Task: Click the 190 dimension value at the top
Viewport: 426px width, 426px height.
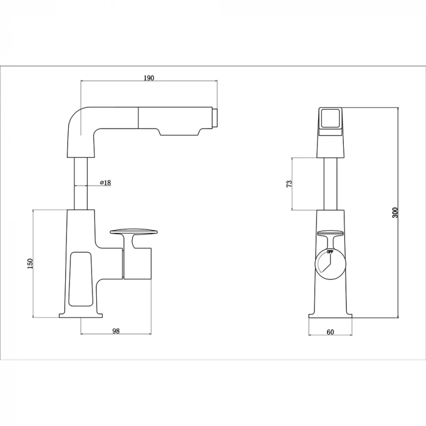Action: (x=149, y=78)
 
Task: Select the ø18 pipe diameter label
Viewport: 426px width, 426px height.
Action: (x=104, y=183)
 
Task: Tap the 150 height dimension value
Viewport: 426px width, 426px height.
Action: (x=30, y=263)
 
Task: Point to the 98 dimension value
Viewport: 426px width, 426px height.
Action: (x=116, y=330)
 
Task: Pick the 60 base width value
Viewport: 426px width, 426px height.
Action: (x=330, y=332)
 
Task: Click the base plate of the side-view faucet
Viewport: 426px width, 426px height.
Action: (x=82, y=315)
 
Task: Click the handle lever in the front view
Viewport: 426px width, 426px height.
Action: (x=330, y=232)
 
